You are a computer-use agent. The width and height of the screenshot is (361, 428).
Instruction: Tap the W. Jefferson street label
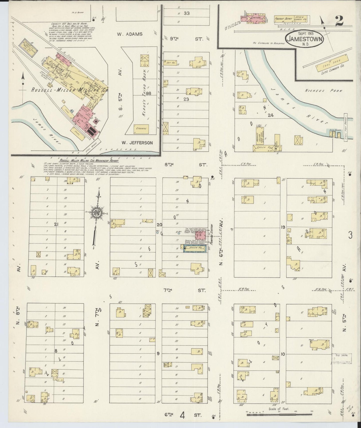137,143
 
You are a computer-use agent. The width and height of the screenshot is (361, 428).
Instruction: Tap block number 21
56,225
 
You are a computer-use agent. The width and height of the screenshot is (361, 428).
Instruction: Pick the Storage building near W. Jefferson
141,129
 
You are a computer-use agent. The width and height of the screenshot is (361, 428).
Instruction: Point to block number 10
283,354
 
